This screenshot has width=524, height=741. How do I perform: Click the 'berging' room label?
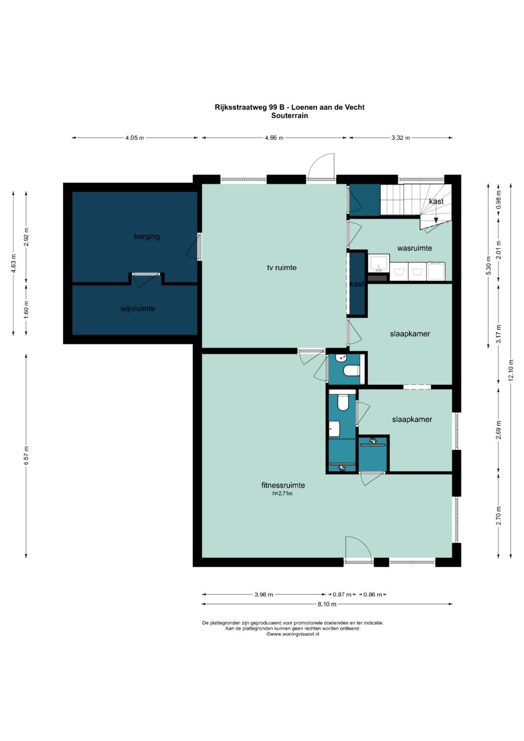pos(147,236)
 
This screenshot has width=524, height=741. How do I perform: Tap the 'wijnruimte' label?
pos(138,309)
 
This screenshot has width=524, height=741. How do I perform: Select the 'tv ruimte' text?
pos(282,267)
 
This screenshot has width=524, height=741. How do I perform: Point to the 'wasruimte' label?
pos(414,248)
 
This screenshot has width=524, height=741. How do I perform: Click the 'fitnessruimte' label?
pos(283,485)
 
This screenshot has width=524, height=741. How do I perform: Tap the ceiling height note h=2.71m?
pos(282,494)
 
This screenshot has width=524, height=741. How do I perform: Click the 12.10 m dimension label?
pos(510,370)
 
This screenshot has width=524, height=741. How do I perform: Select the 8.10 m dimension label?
pos(327,604)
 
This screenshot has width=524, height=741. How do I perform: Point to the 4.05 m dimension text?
pos(135,138)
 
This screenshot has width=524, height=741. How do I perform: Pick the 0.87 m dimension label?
pos(342,594)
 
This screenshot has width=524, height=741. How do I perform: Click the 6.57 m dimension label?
pos(26,455)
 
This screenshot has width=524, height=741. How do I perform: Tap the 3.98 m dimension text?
pos(263,594)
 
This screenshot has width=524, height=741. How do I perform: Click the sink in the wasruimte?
pos(379,263)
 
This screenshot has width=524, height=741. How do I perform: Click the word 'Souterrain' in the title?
pos(290,116)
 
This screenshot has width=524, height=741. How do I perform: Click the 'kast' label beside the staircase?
pos(436,201)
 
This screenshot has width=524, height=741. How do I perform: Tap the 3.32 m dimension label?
pos(401,138)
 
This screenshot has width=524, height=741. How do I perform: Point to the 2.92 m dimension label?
pos(26,237)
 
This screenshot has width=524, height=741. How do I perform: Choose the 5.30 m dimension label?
pos(488,265)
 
